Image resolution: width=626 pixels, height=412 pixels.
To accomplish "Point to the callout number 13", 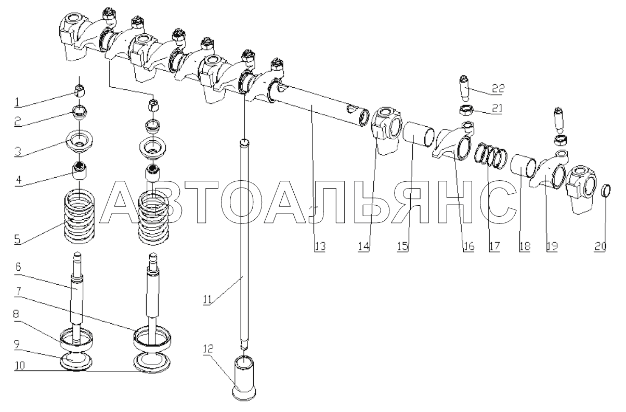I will click(x=319, y=247).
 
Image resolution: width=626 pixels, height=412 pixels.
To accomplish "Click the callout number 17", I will click(x=493, y=247).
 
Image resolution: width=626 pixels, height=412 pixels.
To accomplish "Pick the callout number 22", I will click(x=498, y=89).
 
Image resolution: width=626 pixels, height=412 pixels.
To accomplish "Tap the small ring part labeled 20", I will click(x=606, y=191).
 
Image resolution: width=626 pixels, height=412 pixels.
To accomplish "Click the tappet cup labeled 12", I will click(x=244, y=377).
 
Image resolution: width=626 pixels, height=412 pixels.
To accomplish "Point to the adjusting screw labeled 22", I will click(x=464, y=87).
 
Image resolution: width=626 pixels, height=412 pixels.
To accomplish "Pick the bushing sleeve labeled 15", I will click(x=418, y=134).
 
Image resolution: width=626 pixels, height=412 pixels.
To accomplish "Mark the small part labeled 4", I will click(x=80, y=169).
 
